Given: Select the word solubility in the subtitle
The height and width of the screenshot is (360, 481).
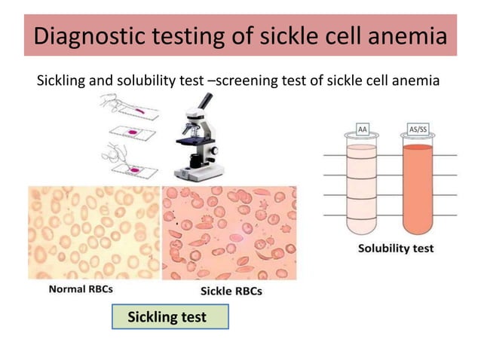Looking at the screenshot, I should click(139, 80).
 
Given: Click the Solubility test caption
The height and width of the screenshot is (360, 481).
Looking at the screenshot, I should click(395, 249).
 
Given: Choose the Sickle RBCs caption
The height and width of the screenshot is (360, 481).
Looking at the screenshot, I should click(230, 291).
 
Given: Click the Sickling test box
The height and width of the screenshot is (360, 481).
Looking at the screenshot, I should click(169, 317).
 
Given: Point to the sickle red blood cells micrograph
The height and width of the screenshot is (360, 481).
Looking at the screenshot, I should click(230, 233).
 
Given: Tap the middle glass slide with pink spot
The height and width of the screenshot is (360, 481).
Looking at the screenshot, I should click(137, 134).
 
